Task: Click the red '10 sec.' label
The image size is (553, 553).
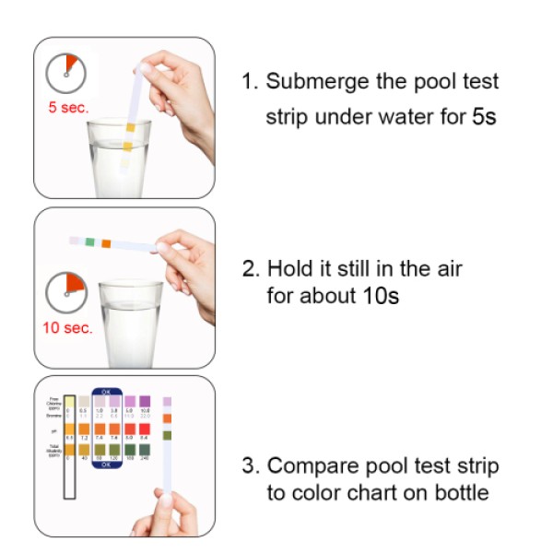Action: click(68, 327)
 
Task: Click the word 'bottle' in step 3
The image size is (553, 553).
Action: click(460, 493)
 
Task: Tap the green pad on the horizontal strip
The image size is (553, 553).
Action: click(89, 241)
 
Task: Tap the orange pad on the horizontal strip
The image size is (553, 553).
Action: click(107, 243)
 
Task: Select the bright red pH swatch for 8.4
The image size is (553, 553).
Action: click(145, 428)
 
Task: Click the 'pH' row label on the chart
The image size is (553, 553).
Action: click(53, 429)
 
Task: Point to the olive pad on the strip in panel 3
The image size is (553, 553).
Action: click(167, 435)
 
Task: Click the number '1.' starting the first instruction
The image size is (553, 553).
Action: click(249, 81)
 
